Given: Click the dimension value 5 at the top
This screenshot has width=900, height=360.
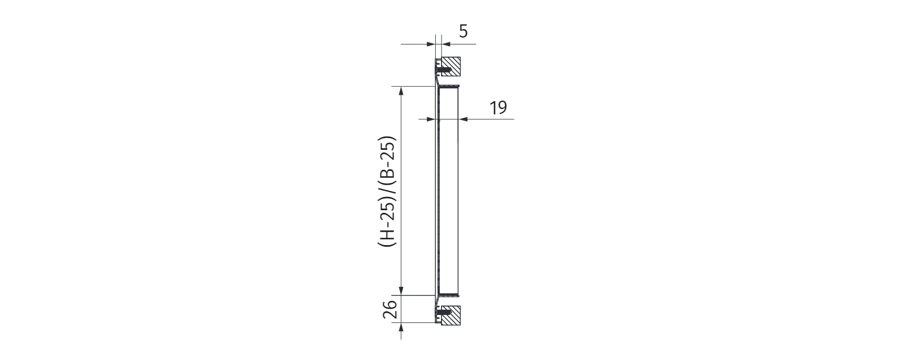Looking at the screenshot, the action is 463,31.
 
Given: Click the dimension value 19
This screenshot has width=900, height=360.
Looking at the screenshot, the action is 498,107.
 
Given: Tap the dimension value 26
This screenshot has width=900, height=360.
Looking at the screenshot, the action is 390,309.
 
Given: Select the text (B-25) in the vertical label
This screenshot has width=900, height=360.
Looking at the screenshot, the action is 388,159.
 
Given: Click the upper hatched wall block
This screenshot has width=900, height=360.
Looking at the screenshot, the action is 451,67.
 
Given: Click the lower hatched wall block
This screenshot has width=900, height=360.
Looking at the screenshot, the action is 451,316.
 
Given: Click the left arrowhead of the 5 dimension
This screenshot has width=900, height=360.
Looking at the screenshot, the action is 431,44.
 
